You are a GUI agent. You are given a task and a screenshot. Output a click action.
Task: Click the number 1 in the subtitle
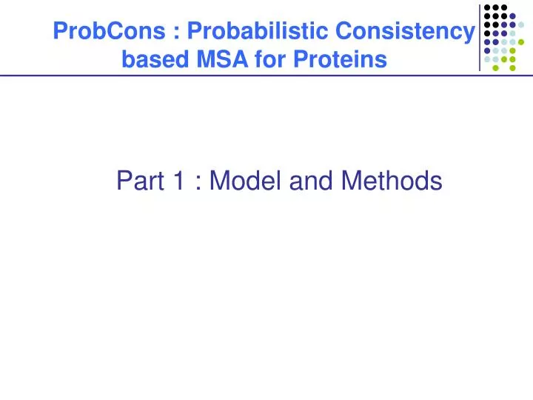point(180,180)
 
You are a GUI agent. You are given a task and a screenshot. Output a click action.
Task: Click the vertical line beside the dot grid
point(480,37)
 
